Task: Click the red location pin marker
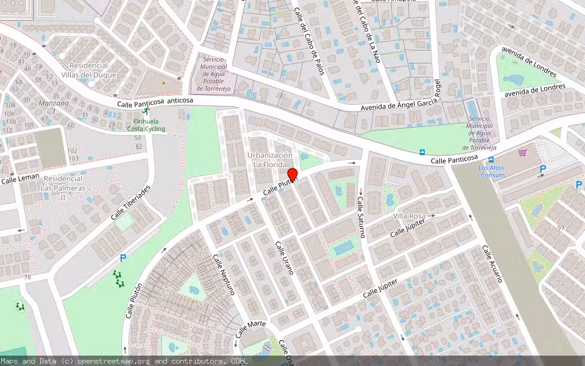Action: click(x=292, y=175)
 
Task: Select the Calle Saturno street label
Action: click(x=361, y=217)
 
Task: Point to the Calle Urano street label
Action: click(x=285, y=257)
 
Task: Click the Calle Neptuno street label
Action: click(x=224, y=274)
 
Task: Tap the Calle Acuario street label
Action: click(x=492, y=264)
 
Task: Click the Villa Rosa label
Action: click(x=409, y=217)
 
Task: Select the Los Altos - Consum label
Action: click(x=491, y=171)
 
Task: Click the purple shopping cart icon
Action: click(x=522, y=152)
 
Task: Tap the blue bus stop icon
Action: click(x=422, y=152)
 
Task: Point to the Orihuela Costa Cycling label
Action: click(x=146, y=124)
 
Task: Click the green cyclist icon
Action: click(x=146, y=112)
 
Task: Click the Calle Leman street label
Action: click(x=19, y=178)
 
